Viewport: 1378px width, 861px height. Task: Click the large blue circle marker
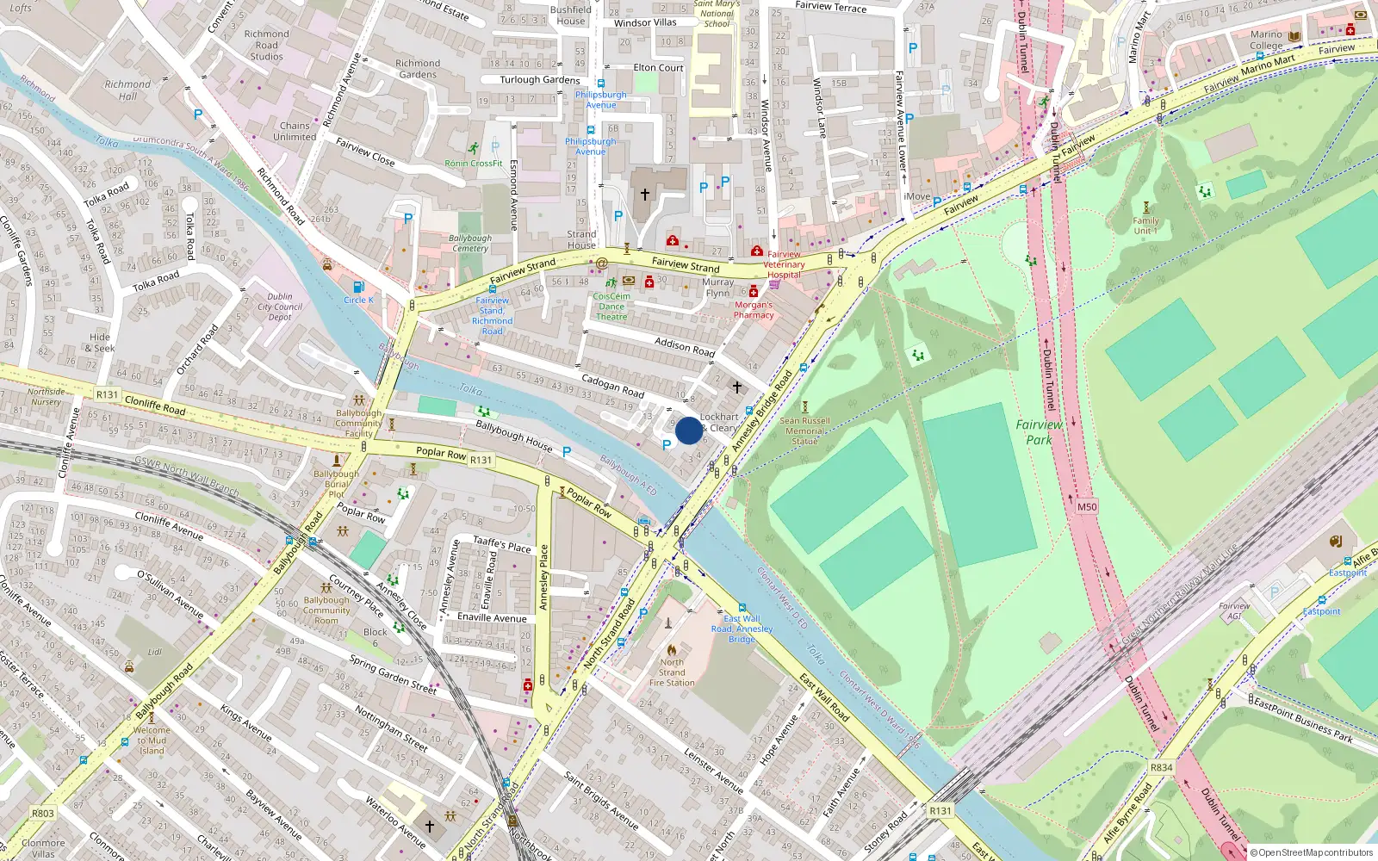click(x=688, y=430)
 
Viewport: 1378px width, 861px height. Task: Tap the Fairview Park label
click(x=1039, y=431)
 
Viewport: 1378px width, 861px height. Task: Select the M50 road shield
click(x=1087, y=506)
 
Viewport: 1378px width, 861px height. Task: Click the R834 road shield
click(x=1161, y=767)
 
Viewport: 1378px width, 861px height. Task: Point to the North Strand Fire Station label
click(x=672, y=672)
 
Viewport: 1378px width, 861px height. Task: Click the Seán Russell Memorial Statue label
click(x=805, y=430)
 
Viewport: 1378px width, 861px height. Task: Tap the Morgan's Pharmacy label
click(x=754, y=310)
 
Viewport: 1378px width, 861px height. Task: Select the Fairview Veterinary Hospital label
click(x=784, y=264)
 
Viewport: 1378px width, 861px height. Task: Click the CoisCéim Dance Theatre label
click(x=611, y=307)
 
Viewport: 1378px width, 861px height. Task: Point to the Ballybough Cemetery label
click(x=470, y=244)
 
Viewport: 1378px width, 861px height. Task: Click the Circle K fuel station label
click(x=358, y=300)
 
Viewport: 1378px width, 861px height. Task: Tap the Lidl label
click(x=154, y=653)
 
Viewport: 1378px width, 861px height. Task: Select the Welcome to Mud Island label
click(x=152, y=740)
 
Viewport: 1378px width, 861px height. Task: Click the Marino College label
click(x=1266, y=40)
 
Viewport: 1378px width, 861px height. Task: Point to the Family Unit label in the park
click(x=1145, y=226)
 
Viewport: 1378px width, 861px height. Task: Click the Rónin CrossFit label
click(x=474, y=163)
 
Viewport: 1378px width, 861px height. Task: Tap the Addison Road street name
click(x=685, y=347)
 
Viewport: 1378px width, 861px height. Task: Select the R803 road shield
click(x=42, y=813)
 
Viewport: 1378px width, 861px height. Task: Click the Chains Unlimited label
click(x=295, y=131)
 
